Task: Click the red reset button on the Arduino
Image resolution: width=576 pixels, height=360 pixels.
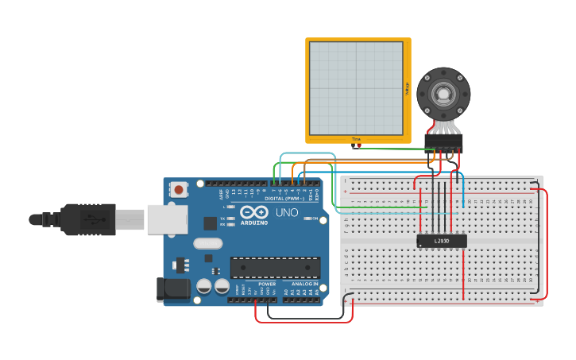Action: click(x=180, y=190)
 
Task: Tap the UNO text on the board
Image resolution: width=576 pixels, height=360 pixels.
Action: click(x=286, y=213)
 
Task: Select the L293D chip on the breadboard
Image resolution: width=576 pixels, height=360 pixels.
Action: click(x=442, y=241)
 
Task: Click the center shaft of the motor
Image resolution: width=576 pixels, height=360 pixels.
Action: click(x=443, y=95)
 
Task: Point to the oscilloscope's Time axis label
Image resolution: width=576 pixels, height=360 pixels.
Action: click(x=356, y=139)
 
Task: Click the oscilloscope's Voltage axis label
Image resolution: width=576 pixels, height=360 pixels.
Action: click(x=407, y=89)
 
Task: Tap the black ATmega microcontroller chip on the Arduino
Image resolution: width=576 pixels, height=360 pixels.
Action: click(x=275, y=267)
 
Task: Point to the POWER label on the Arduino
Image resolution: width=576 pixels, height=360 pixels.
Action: click(x=267, y=284)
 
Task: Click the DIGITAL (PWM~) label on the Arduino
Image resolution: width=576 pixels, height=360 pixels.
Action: click(x=283, y=198)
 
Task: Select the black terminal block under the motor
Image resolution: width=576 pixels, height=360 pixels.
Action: click(x=443, y=141)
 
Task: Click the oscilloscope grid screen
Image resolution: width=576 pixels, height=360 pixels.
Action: click(x=356, y=88)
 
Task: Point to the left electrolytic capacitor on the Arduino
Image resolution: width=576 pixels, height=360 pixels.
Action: click(x=204, y=286)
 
